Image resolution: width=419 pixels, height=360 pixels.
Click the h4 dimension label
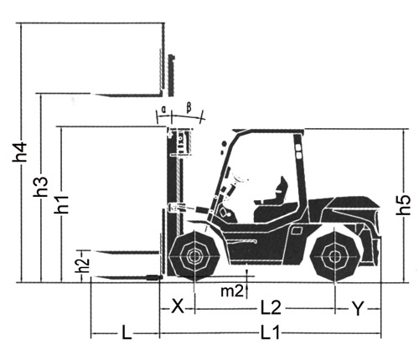19,152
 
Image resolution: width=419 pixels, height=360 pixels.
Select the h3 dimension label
41,188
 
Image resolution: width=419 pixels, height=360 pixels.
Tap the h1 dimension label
61,204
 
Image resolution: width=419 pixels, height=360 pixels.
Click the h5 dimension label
403,205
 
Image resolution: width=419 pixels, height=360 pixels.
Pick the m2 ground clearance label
232,291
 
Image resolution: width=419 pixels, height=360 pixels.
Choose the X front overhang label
178,306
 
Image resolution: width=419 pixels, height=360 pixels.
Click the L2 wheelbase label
271,307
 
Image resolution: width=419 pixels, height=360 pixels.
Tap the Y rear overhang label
358,309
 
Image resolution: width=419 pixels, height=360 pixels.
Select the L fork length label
127,332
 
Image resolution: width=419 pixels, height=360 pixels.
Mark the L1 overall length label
270,332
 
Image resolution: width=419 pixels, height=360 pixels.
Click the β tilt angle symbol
189,108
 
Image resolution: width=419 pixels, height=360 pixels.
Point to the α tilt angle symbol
164,109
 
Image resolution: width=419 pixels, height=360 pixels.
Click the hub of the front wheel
194,256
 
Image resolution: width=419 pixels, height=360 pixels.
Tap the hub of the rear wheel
334,256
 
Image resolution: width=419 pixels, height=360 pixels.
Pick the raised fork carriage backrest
172,75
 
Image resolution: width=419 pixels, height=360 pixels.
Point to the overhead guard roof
268,131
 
